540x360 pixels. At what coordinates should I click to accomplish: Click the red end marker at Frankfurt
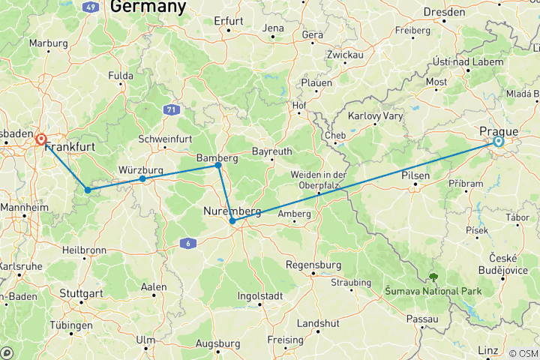[x=40, y=139]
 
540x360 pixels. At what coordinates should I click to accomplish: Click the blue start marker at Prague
[x=499, y=141]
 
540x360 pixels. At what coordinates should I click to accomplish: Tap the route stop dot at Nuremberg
[x=232, y=221]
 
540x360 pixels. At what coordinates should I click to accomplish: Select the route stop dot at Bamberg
[x=218, y=165]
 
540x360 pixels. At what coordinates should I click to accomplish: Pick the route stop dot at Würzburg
[x=142, y=178]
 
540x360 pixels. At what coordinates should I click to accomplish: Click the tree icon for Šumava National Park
[x=433, y=278]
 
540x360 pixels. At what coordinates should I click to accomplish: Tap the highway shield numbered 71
[x=172, y=109]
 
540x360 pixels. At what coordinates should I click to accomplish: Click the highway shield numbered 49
[x=91, y=7]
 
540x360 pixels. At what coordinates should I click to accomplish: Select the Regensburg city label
[x=314, y=265]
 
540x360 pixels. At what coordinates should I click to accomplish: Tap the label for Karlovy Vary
[x=376, y=116]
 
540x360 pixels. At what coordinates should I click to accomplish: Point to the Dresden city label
[x=444, y=12]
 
